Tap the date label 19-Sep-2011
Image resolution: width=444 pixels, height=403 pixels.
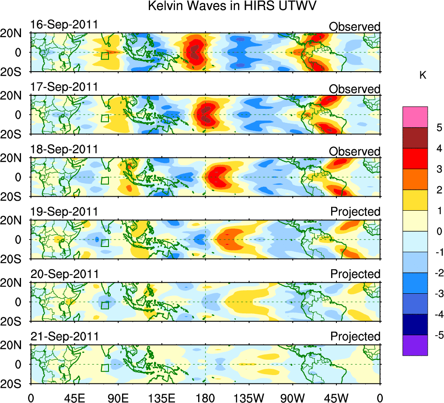pyautogui.click(x=64, y=212)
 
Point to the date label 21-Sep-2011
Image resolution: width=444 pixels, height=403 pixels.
pyautogui.click(x=64, y=337)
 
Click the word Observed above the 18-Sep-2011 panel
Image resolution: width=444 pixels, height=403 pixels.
pyautogui.click(x=355, y=151)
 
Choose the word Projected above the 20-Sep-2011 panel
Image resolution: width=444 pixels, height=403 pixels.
pyautogui.click(x=355, y=274)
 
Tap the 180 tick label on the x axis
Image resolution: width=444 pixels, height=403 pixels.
pyautogui.click(x=206, y=397)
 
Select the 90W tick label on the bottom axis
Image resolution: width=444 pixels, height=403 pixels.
pyautogui.click(x=293, y=397)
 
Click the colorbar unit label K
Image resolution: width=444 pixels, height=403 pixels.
pyautogui.click(x=423, y=76)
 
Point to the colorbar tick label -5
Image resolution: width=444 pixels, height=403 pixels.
pyautogui.click(x=437, y=335)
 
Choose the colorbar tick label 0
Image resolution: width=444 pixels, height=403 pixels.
pyautogui.click(x=439, y=232)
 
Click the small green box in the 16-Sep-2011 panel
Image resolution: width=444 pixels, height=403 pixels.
pyautogui.click(x=105, y=56)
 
